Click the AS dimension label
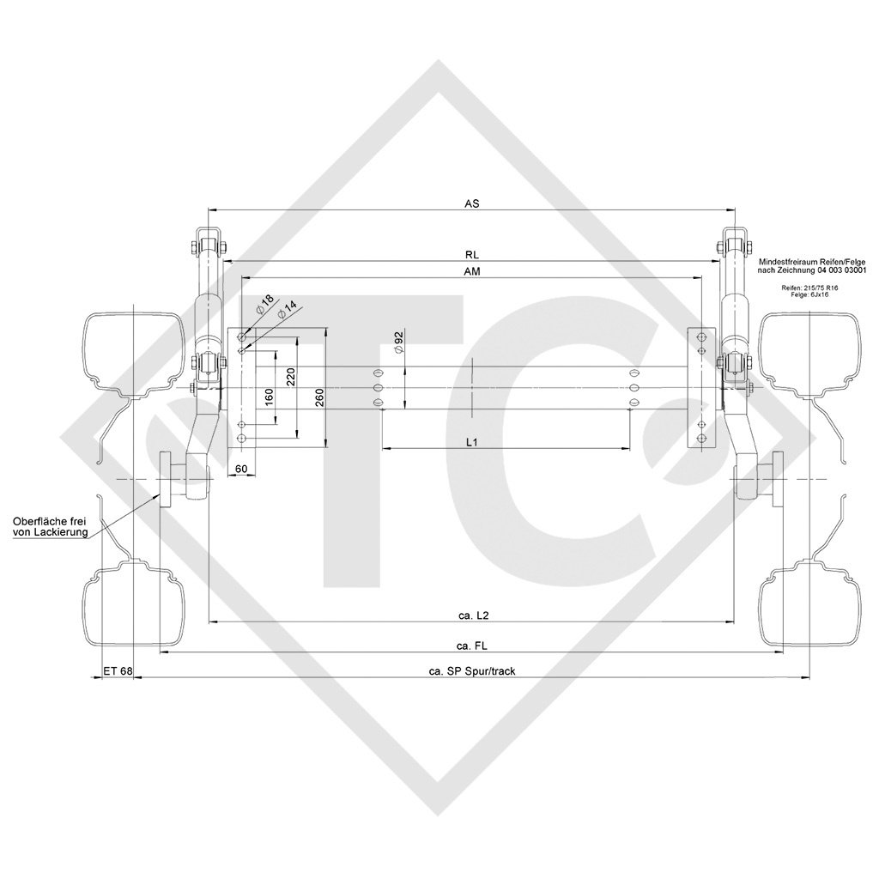point(471,203)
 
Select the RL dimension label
point(471,255)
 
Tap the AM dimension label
point(471,271)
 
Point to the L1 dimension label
point(471,441)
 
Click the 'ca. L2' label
point(473,615)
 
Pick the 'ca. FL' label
point(473,646)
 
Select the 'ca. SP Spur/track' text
point(472,670)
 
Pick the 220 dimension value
point(291,377)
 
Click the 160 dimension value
point(270,397)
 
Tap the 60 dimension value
point(240,469)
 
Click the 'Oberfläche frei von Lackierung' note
point(50,527)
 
